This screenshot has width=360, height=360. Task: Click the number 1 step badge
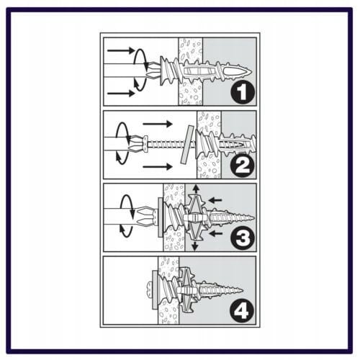(x=243, y=93)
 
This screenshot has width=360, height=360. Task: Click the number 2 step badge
(x=243, y=166)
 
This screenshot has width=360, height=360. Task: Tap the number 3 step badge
(x=243, y=238)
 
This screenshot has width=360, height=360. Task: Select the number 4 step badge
(x=242, y=311)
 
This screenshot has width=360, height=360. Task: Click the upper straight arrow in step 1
(x=120, y=50)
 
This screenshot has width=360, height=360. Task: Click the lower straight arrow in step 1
(x=121, y=93)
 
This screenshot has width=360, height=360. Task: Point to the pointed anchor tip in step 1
(x=251, y=71)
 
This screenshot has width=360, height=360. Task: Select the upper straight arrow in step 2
(x=158, y=124)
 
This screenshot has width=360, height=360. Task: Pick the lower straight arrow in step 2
(x=158, y=166)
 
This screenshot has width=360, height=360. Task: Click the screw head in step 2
(x=145, y=144)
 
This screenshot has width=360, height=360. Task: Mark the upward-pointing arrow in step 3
(x=197, y=189)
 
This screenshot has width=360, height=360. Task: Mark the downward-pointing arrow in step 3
(x=195, y=246)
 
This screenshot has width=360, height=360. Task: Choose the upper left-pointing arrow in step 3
(x=215, y=200)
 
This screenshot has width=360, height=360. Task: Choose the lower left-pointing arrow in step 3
(x=215, y=233)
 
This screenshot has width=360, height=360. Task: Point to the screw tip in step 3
(x=253, y=217)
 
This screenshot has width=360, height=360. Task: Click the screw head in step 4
(x=149, y=289)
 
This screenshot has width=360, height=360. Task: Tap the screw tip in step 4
(x=242, y=291)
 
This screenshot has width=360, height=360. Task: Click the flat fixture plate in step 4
(x=154, y=289)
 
